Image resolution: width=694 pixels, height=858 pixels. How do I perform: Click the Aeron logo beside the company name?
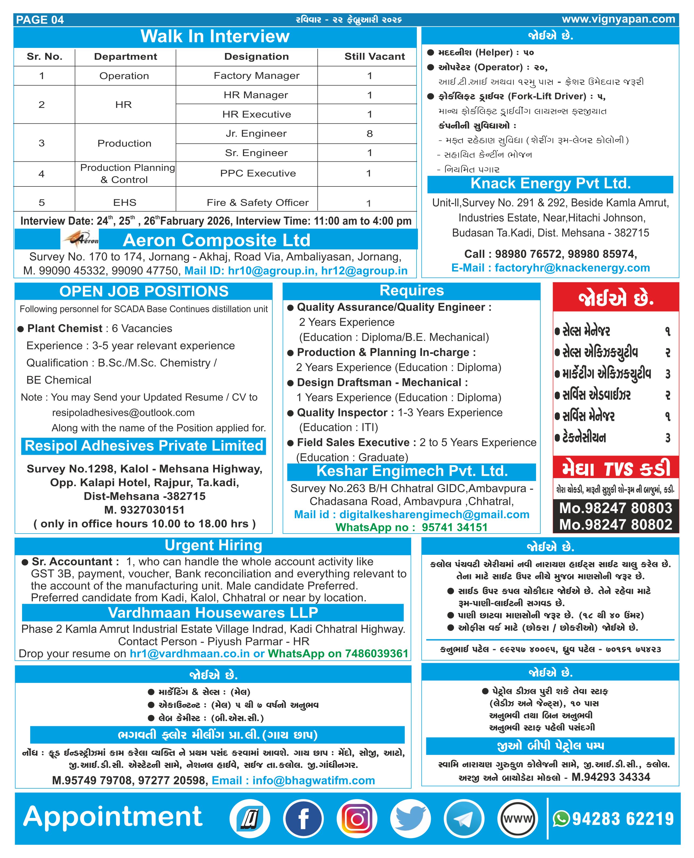[x=80, y=240]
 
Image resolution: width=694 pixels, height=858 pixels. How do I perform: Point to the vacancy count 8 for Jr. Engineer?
[x=369, y=133]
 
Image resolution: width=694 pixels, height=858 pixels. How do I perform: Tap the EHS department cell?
[x=125, y=203]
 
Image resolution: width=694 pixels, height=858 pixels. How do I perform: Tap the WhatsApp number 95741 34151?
[x=455, y=527]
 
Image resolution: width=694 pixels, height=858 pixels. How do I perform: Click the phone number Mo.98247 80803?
[x=616, y=508]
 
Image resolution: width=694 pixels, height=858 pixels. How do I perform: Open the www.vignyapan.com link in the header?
[x=618, y=19]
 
